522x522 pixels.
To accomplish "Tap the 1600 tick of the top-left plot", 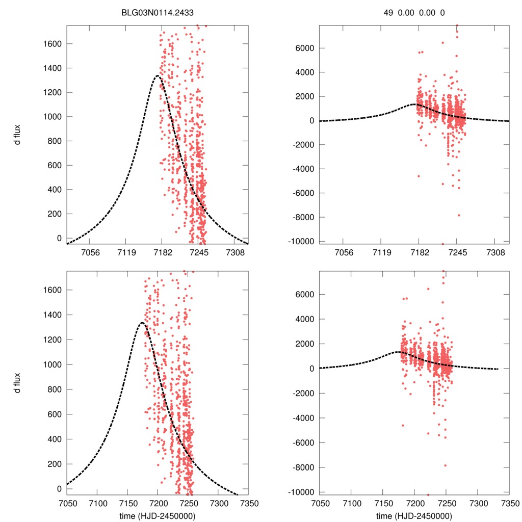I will [51, 44].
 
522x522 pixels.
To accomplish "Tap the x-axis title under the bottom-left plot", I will [158, 515].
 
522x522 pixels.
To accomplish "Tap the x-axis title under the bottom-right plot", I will [414, 515].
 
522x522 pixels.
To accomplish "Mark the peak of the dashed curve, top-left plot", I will [157, 76].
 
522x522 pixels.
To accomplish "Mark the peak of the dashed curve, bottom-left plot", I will [141, 323].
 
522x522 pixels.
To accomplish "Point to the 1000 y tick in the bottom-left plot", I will [51, 364].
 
